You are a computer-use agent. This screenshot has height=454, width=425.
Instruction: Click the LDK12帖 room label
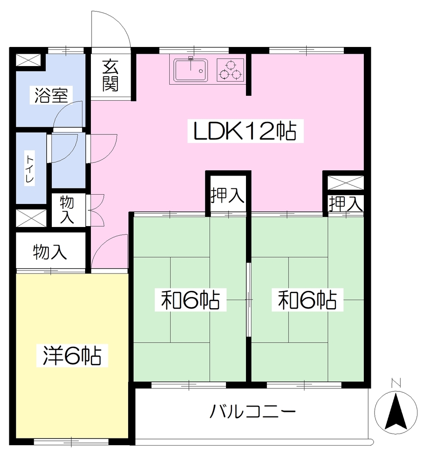tap(245, 131)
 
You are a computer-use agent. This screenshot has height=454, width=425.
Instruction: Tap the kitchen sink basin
tap(191, 70)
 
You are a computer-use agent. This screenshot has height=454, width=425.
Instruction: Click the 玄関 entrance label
tap(110, 75)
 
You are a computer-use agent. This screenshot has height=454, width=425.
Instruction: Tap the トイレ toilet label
tap(30, 169)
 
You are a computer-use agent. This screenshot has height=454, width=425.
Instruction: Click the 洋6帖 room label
tap(72, 356)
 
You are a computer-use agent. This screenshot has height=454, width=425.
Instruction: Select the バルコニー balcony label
tap(253, 411)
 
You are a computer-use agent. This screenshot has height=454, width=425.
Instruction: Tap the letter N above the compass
tap(396, 383)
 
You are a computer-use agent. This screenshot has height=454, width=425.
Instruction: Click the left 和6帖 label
tap(190, 300)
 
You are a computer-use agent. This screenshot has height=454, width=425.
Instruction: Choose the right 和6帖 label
tap(307, 300)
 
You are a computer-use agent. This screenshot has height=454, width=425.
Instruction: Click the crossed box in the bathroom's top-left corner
tap(27, 60)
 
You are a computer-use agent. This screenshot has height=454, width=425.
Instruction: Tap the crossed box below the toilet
tap(31, 218)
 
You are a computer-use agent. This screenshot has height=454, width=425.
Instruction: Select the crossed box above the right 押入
tap(345, 183)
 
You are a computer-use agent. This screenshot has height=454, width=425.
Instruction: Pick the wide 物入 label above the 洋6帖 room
tap(50, 252)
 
